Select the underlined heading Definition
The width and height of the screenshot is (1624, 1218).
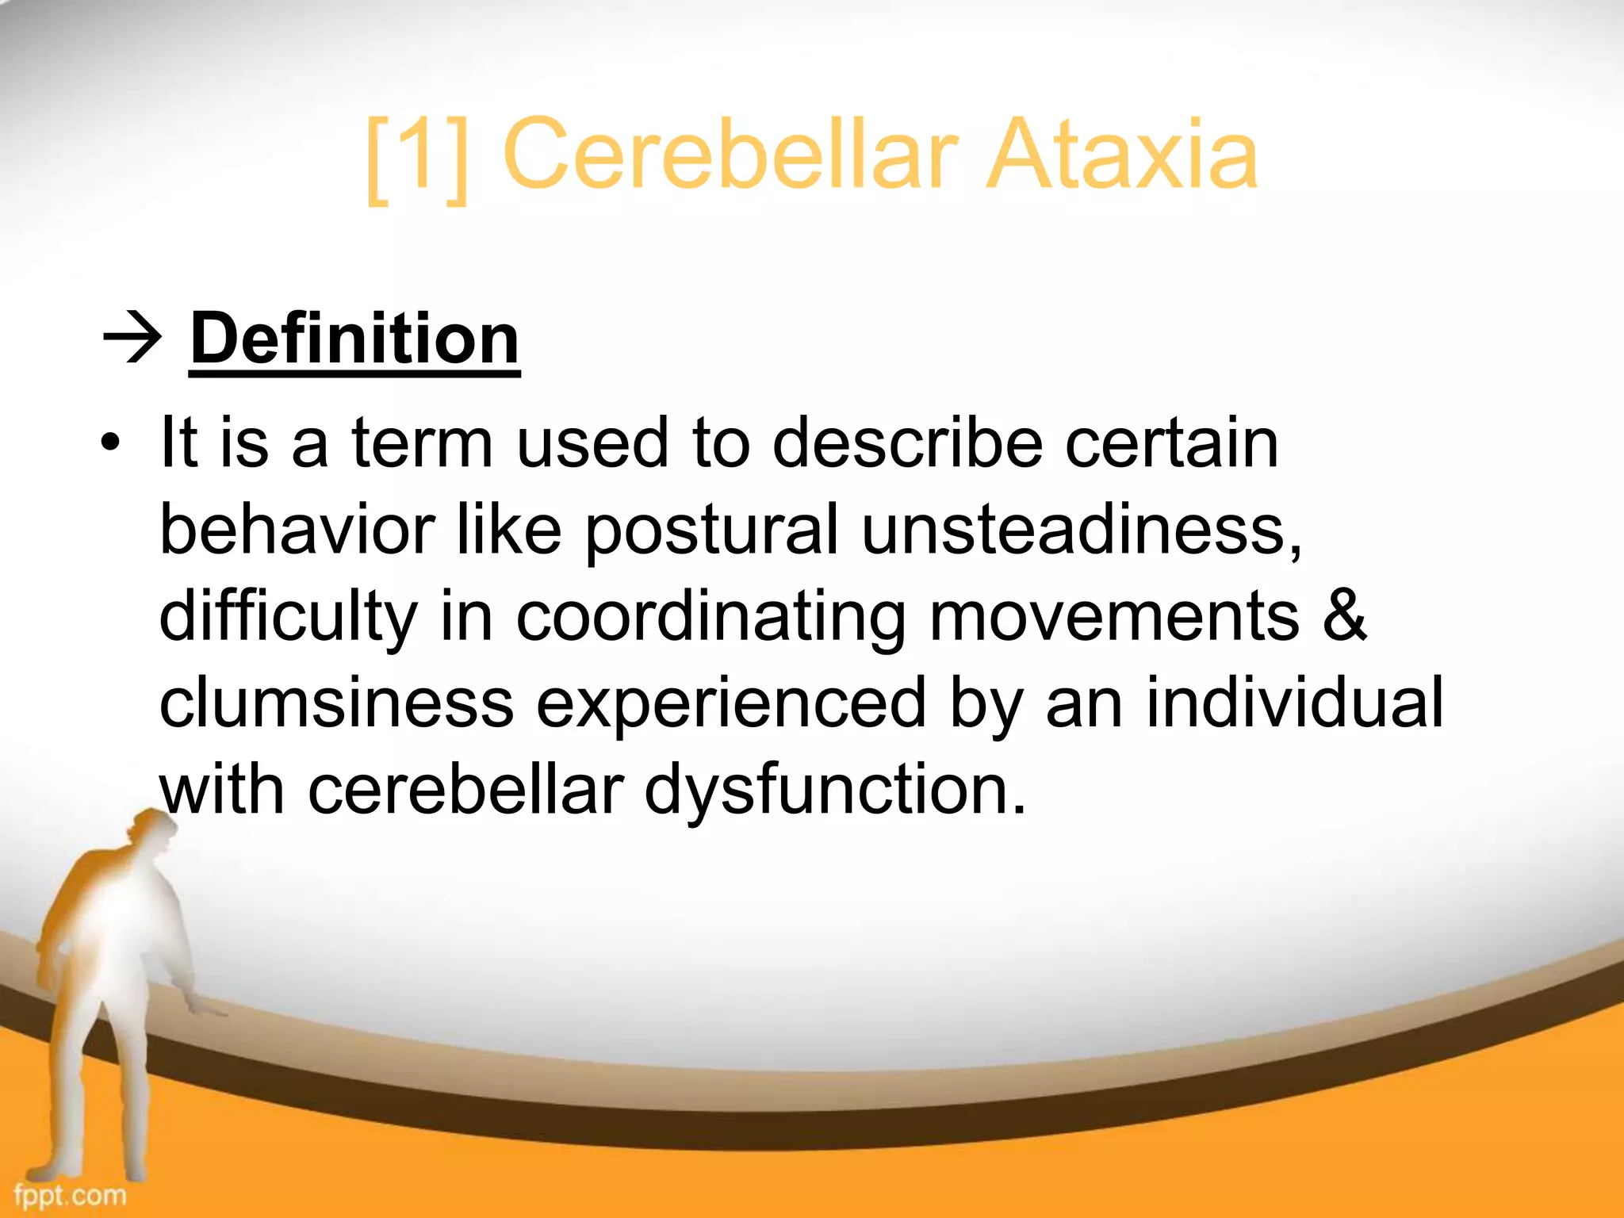pos(354,339)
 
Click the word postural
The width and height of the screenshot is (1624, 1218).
pos(711,531)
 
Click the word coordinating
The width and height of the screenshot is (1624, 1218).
pos(710,619)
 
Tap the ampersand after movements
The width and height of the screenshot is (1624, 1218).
pos(1345,616)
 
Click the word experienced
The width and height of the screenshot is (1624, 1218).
pos(730,705)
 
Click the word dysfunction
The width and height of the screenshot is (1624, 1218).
pos(834,791)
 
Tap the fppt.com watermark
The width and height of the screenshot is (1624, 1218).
pos(70,1194)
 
